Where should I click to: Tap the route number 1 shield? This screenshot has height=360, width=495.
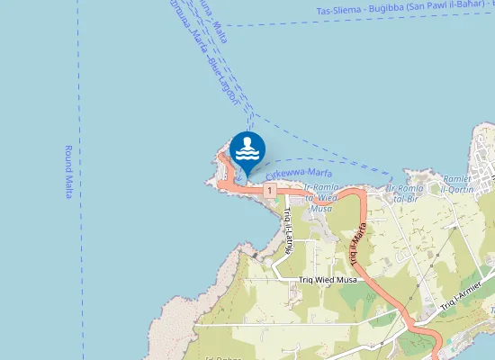point(269,191)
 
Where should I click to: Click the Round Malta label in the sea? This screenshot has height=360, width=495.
point(68,172)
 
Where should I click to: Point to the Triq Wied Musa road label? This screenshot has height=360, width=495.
point(328,280)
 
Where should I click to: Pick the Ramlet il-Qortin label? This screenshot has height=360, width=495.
point(463,184)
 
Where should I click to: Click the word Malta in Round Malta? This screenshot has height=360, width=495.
point(68,186)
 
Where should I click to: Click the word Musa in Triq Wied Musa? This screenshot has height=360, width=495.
point(346,280)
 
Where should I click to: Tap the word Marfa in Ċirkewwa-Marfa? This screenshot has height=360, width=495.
point(318,172)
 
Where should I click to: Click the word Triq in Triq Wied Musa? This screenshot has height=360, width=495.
point(307,280)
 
